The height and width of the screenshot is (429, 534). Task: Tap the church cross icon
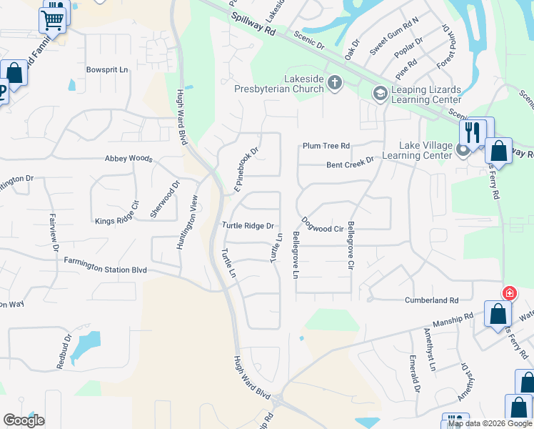(x=334, y=84)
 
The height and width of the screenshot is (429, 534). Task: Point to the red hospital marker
(x=510, y=292)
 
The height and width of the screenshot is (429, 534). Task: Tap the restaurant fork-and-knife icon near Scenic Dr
(x=472, y=132)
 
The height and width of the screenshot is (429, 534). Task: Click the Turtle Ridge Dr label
(x=248, y=226)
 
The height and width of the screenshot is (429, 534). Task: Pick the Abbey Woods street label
(x=129, y=159)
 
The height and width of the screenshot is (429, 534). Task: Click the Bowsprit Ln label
(x=106, y=70)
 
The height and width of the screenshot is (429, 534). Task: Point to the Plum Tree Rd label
(x=326, y=146)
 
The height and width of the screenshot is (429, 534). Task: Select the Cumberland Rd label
(x=431, y=300)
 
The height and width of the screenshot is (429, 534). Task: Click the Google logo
(x=24, y=420)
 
